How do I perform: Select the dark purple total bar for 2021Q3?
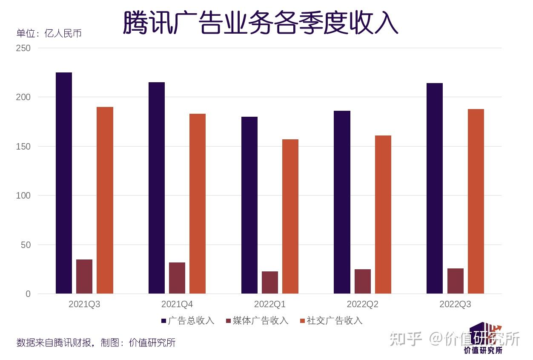coord(64,183)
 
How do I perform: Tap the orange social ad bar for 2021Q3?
coord(105,200)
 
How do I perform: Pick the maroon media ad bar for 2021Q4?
coord(177,278)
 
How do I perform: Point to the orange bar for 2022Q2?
coord(383,215)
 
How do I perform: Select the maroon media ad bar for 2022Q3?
coord(456,281)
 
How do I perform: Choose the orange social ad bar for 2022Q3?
coord(476,202)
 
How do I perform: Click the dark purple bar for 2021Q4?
coord(157,188)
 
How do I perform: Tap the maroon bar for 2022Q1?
coord(270,282)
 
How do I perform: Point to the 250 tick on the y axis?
coord(23,48)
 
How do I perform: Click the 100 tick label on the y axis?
coord(23,196)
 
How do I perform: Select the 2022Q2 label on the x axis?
coord(362,305)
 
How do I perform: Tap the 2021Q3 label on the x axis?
coord(84,305)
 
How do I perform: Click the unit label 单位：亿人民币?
coord(49,33)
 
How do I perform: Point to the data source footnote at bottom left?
coord(96,343)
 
